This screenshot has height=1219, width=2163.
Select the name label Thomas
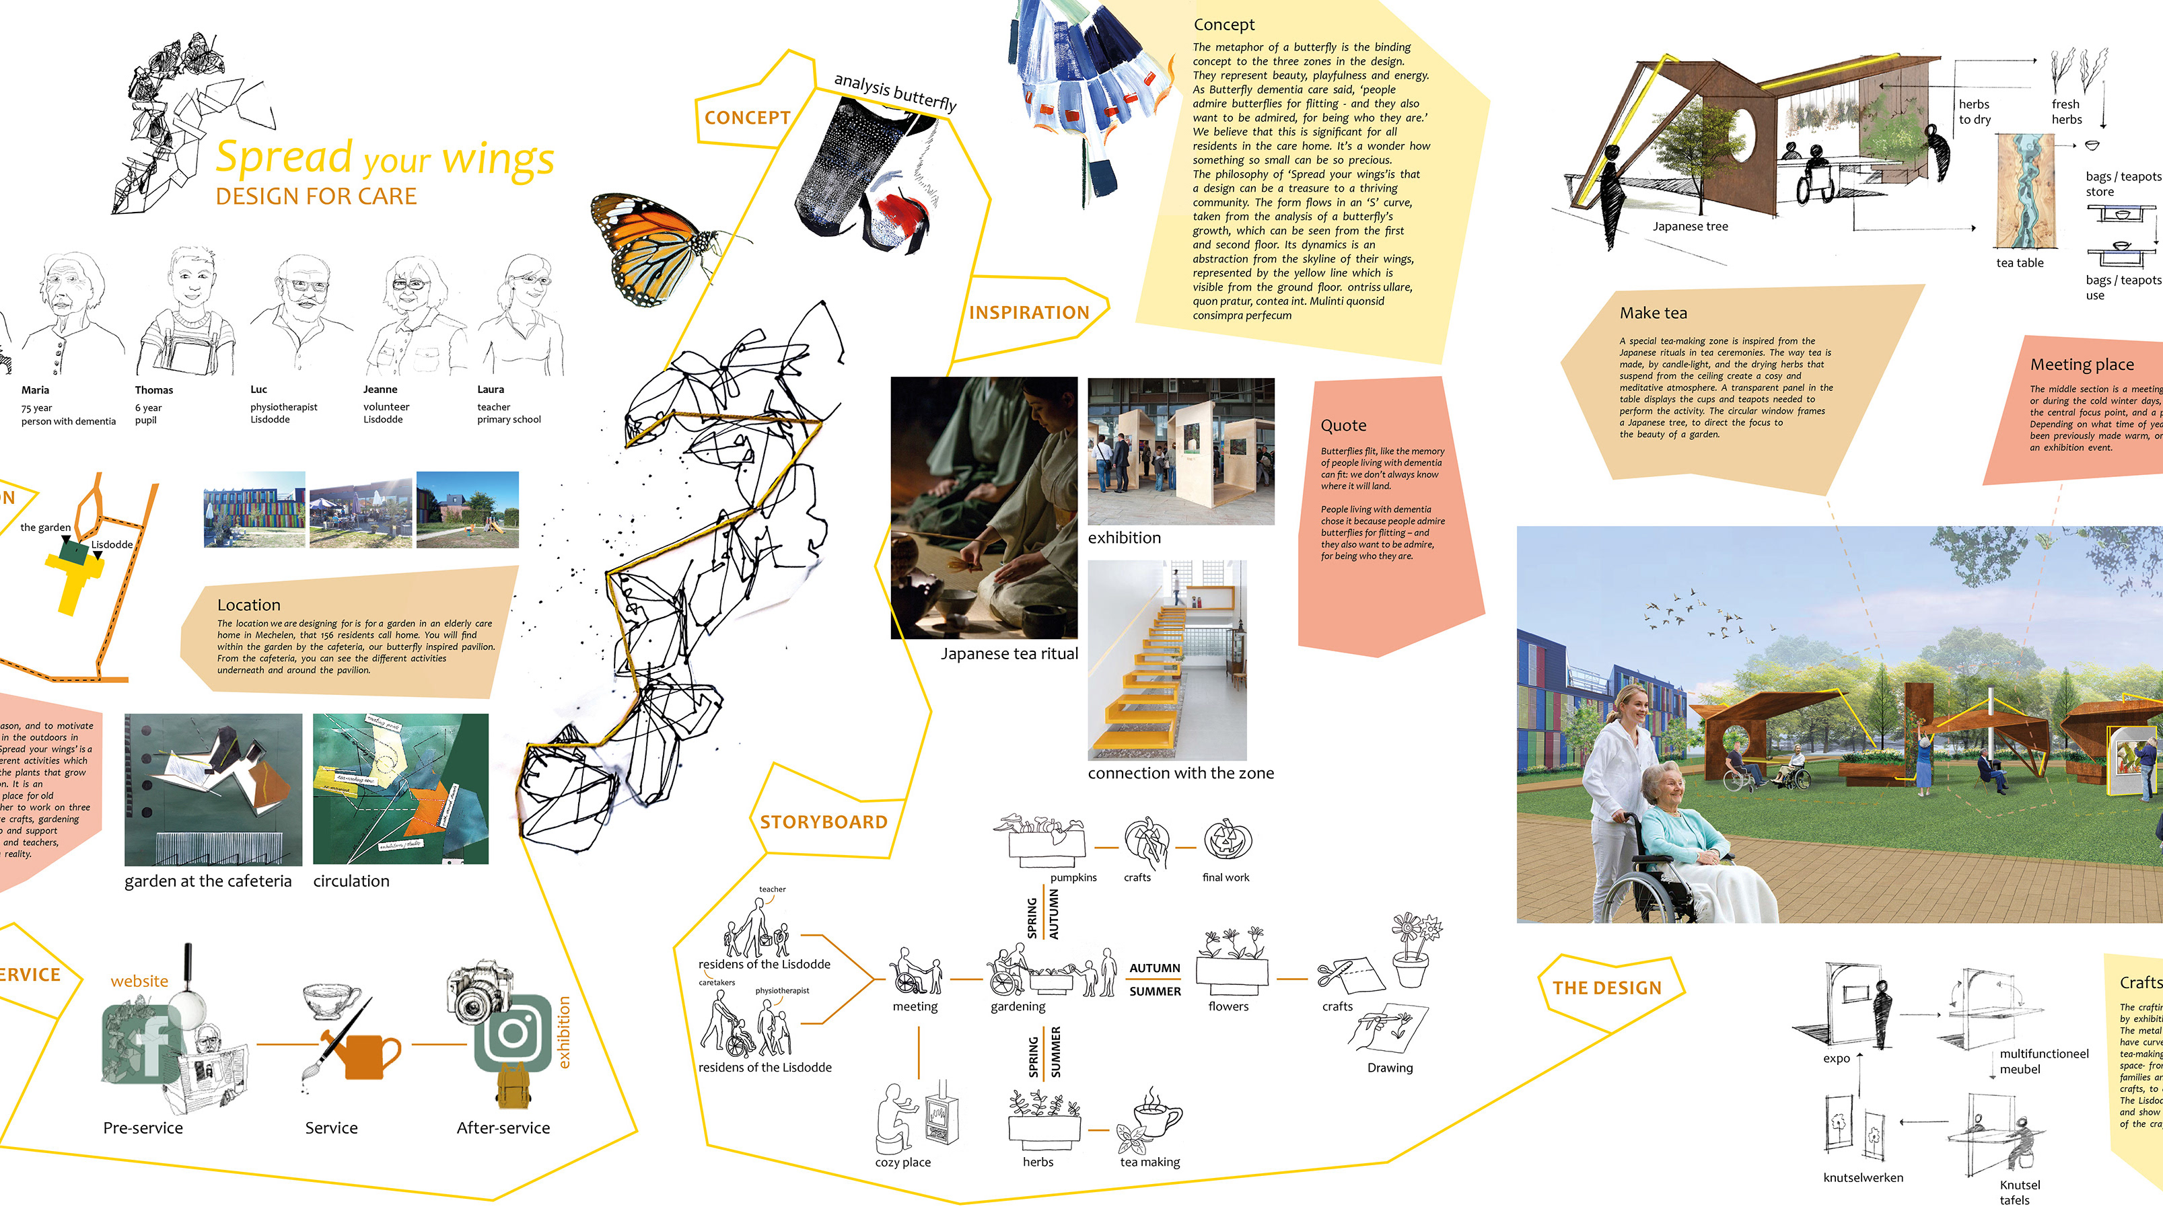pos(153,390)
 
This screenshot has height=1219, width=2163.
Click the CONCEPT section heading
pos(747,118)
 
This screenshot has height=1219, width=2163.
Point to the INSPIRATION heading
pos(1028,313)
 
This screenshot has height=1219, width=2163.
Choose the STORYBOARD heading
pos(823,823)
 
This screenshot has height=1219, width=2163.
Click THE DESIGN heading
pos(1606,988)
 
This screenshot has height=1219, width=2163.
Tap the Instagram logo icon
pos(512,1033)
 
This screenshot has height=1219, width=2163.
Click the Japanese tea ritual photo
pos(983,508)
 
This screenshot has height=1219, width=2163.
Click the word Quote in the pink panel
pos(1343,426)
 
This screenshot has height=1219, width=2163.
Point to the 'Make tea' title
pos(1652,313)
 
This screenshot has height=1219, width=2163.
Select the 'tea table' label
pos(2020,264)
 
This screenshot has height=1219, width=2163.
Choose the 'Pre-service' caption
pos(143,1128)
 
